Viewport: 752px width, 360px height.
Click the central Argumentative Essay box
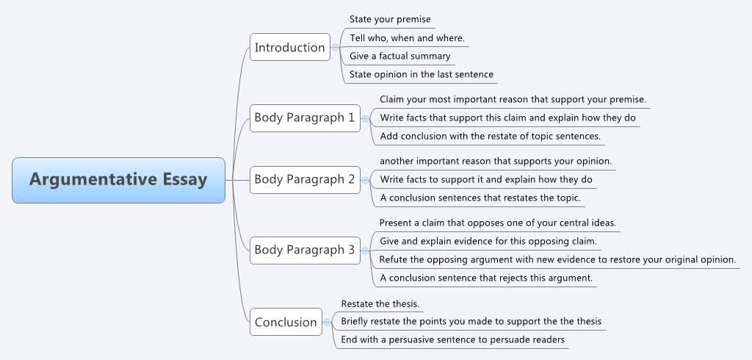pos(118,180)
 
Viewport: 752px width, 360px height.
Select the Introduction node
pos(289,47)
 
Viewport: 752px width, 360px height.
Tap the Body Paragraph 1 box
pos(305,118)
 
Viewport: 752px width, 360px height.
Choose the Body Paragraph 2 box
pos(305,180)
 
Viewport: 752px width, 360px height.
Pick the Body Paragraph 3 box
pos(305,251)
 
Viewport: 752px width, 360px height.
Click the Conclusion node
pos(286,322)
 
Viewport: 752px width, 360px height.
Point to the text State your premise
pos(390,19)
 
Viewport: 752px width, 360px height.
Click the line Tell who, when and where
pos(407,37)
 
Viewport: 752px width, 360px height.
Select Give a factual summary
pos(399,56)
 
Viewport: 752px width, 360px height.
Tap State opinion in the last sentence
pos(421,74)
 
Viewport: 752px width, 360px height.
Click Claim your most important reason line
pos(513,99)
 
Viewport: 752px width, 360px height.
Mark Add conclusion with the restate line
pos(490,136)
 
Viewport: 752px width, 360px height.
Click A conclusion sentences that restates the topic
pos(480,198)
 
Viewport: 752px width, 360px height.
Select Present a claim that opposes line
pos(497,223)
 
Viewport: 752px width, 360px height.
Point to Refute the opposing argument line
pos(557,259)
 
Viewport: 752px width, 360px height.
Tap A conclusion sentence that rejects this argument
pos(485,278)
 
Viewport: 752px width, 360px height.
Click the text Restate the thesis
pos(380,303)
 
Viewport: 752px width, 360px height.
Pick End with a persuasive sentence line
pos(452,339)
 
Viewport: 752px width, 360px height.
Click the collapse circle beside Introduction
pos(335,47)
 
